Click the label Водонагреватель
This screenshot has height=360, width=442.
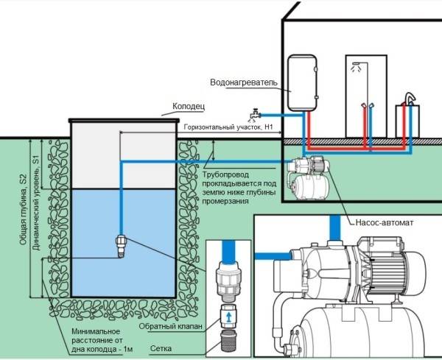244,82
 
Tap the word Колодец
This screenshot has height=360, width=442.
189,107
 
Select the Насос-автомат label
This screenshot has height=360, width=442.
385,222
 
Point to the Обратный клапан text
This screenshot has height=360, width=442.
171,326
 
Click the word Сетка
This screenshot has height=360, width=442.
161,348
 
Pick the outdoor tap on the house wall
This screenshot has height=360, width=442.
255,114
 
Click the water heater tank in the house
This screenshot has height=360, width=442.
302,82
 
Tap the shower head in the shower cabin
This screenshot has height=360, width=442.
357,67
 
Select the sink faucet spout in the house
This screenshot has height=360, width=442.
410,99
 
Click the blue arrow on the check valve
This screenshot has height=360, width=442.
229,317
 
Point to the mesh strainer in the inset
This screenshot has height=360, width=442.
228,341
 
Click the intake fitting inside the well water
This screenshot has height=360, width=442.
122,246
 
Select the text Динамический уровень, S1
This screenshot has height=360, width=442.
36,203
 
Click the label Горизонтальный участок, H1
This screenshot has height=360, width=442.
228,127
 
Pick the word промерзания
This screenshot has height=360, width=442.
225,202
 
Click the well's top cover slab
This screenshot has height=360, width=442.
124,121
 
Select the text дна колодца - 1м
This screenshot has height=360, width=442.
102,349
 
